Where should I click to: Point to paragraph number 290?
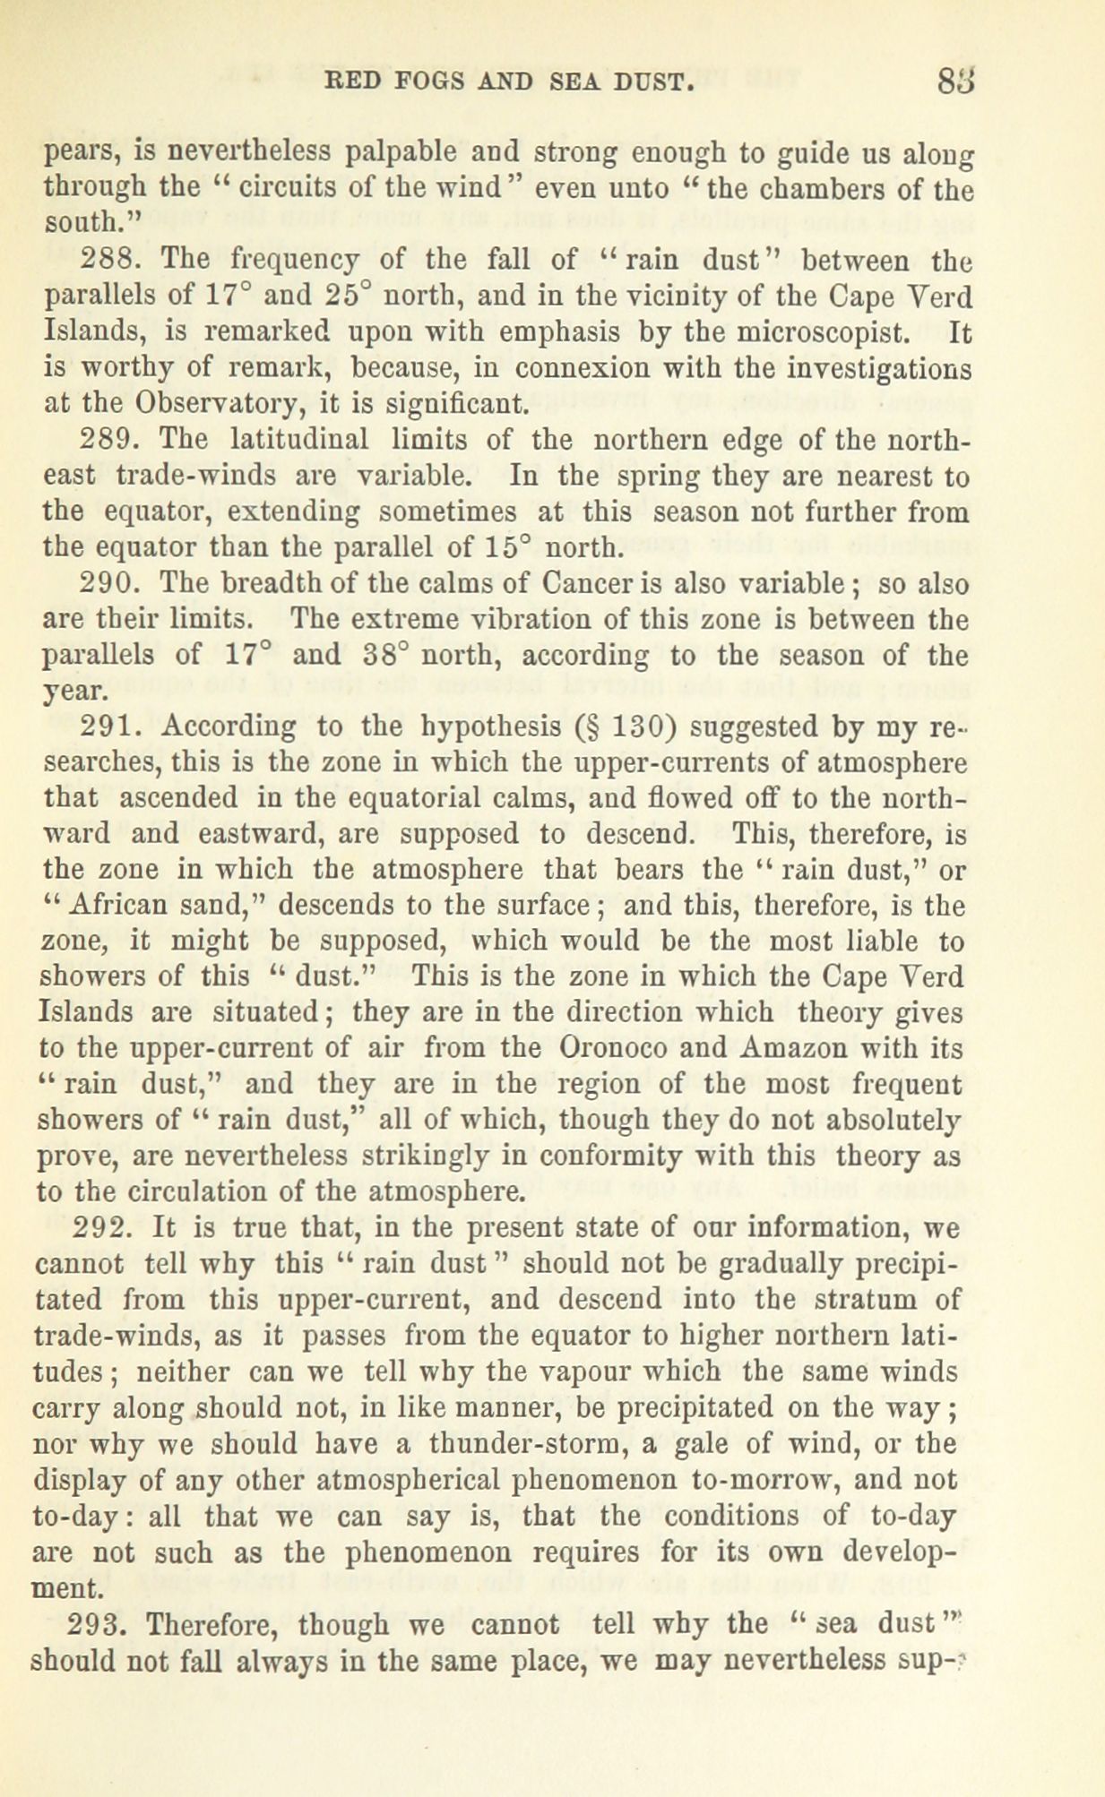point(108,583)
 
